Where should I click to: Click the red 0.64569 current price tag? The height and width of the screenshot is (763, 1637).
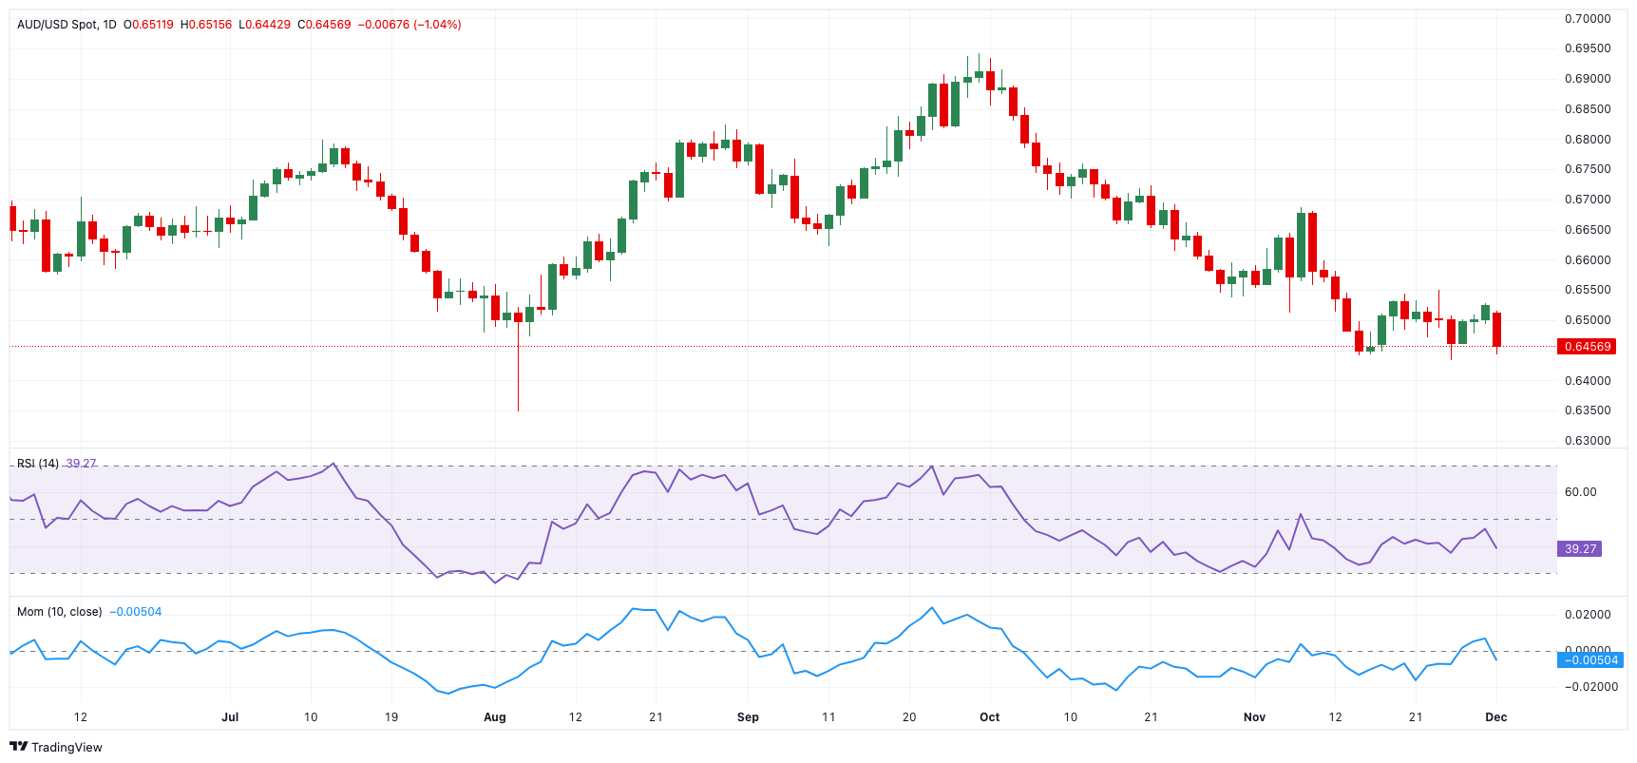1588,347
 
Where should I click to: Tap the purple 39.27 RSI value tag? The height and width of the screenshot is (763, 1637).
1580,549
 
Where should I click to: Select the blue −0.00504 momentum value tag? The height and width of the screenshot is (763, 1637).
1590,660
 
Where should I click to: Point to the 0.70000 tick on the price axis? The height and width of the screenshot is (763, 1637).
1588,19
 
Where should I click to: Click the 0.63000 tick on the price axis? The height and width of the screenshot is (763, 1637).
1588,441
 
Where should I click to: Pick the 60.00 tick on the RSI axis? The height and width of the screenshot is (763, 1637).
1580,492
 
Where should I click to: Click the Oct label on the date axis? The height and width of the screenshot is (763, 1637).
989,717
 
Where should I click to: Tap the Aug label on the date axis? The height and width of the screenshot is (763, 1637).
494,717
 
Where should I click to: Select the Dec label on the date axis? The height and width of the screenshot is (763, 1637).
1495,717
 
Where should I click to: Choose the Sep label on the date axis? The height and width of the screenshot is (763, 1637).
748,717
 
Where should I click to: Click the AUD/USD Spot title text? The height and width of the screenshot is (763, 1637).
57,25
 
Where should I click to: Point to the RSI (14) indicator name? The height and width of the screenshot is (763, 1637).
37,464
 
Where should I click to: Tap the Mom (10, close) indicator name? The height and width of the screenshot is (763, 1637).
59,612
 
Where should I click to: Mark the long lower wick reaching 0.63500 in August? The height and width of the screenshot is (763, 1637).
518,380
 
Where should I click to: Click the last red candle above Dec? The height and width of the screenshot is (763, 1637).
1496,330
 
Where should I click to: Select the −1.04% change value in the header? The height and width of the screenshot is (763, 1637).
436,25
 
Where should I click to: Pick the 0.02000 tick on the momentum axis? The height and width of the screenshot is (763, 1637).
1588,615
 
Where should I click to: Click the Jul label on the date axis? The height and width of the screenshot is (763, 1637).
230,717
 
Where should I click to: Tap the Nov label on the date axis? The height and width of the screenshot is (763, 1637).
1254,717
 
